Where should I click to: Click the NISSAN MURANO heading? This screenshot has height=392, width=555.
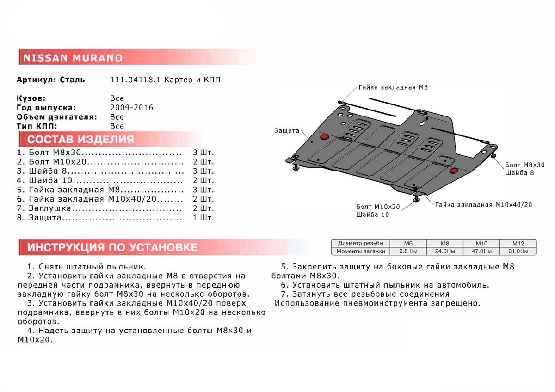click(73, 58)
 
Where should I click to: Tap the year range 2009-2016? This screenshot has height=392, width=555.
click(131, 108)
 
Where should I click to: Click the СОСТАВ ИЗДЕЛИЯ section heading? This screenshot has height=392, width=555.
click(80, 140)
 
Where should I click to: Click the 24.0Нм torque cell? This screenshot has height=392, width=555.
click(444, 251)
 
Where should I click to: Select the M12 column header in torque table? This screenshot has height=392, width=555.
click(517, 243)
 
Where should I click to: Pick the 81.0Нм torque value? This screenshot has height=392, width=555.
click(517, 251)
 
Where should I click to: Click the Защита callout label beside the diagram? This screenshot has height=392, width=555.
click(286, 131)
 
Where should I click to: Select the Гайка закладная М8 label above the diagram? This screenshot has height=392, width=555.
click(394, 87)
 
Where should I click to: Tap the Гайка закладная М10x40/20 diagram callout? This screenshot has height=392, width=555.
click(483, 204)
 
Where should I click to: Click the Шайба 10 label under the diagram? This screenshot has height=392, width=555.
click(372, 214)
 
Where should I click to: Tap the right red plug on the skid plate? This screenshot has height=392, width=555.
click(453, 171)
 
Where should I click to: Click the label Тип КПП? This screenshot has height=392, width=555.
click(37, 126)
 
